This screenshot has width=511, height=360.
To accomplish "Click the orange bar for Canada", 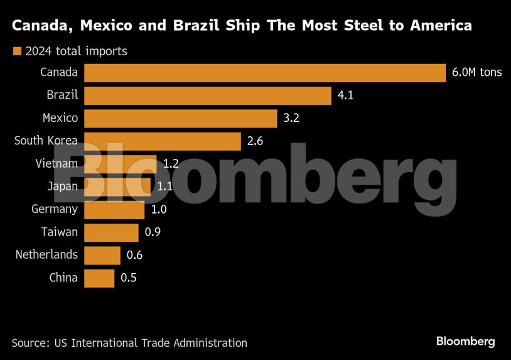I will coord(264,73).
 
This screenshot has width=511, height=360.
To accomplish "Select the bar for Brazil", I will coord(207,95).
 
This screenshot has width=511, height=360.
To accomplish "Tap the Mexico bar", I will coord(180,118).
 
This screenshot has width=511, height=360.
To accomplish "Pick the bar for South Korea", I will coord(162,141).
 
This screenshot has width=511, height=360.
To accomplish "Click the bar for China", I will coord(99,278).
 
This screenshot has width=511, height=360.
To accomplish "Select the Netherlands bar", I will coord(102,255).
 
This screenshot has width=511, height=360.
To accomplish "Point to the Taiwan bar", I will coord(111,232).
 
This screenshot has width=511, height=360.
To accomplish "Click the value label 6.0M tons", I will coord(476,72).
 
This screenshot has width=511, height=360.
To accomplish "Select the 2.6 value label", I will coord(255,141).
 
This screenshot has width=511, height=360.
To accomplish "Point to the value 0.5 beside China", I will coord(128,278).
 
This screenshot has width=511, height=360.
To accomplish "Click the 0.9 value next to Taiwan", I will coord(153,232).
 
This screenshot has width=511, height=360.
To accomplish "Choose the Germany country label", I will coord(55,209).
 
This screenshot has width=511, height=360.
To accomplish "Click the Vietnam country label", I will coord(56,164).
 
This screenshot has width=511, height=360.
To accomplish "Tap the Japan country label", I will coord(62,187).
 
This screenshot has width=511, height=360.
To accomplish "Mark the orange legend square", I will coord(17,52).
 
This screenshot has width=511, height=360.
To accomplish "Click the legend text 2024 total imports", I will coord(77,52).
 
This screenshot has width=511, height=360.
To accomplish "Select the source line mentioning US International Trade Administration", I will coord(129,343).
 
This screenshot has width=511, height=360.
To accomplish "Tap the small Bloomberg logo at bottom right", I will coord(465,342).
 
